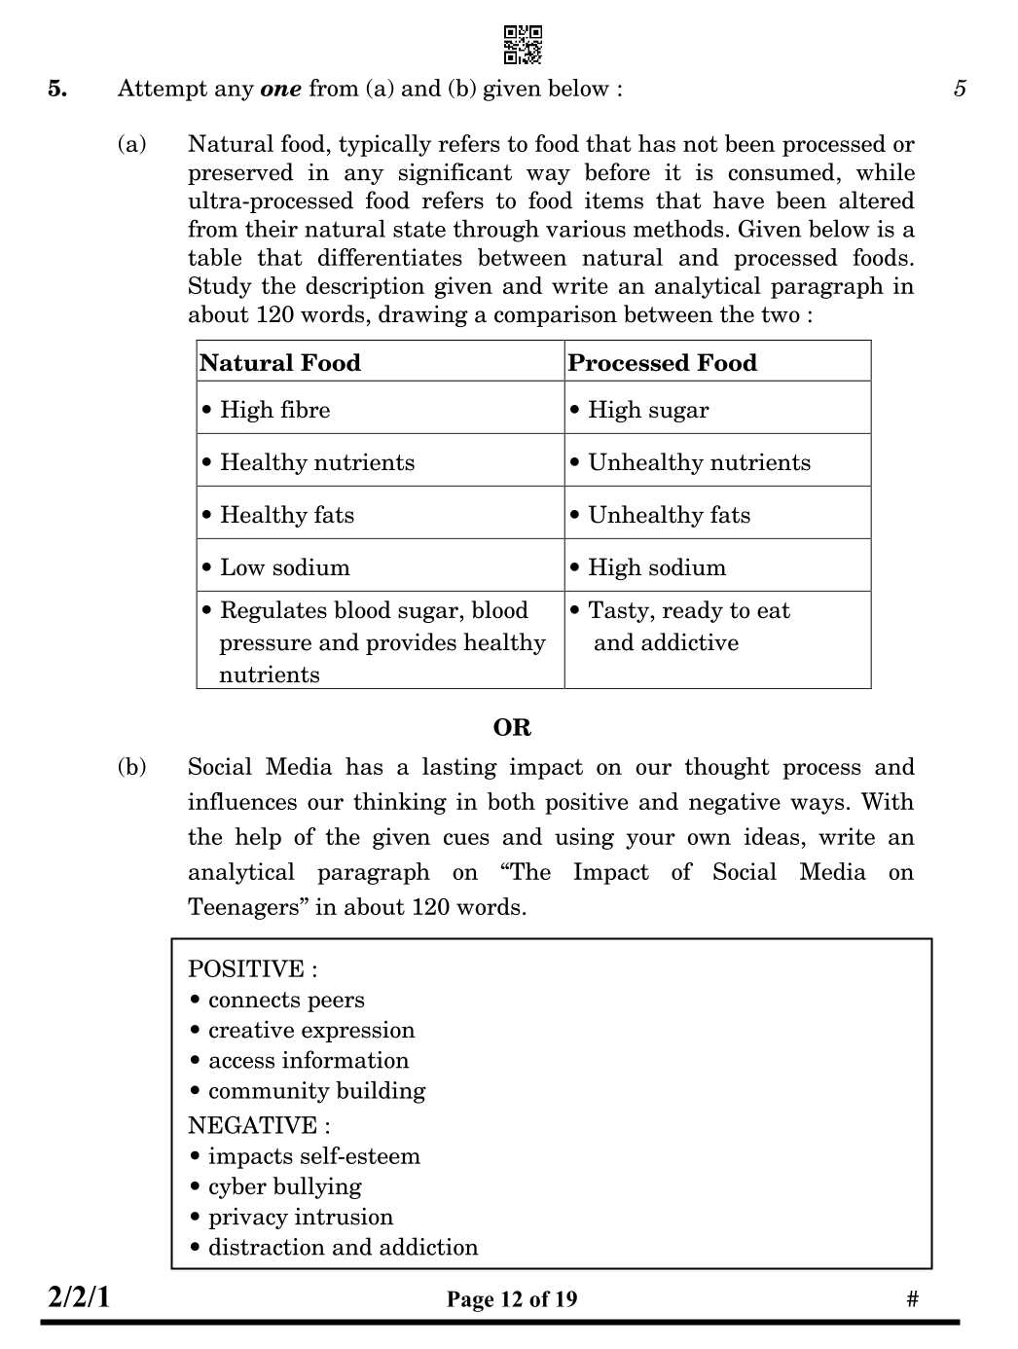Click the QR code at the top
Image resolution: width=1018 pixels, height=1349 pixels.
pos(523,45)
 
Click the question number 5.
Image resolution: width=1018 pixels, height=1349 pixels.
pos(57,89)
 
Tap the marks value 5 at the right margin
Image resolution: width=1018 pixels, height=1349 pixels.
pos(960,89)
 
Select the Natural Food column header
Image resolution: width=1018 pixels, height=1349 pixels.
pos(280,363)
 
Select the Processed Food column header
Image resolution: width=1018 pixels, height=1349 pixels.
pos(662,363)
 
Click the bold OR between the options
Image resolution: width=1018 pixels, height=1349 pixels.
pos(512,727)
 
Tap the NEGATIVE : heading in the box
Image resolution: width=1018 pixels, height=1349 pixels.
pos(259,1125)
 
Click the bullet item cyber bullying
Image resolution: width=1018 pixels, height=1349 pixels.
pos(284,1186)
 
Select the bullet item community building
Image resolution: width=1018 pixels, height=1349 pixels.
pos(316,1090)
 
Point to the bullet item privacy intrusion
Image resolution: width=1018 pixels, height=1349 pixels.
pos(300,1217)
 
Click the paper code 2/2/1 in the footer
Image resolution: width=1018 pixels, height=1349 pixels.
pos(79,1296)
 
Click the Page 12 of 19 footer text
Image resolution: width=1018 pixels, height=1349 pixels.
pos(512,1299)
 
